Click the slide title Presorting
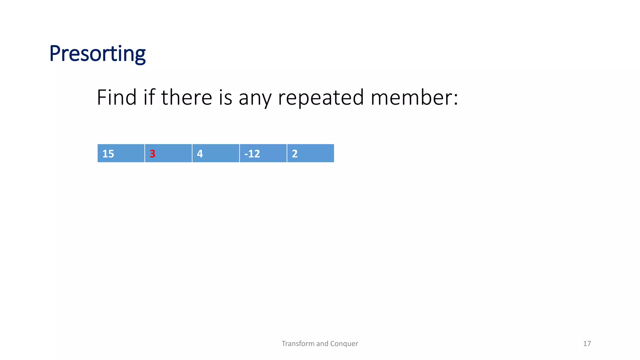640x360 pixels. (x=97, y=54)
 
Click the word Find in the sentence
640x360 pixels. (x=117, y=97)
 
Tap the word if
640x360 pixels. (x=149, y=97)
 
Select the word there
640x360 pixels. (x=187, y=97)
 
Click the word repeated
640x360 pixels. (x=321, y=98)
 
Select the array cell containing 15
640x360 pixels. (x=121, y=153)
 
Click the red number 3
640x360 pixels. (x=152, y=154)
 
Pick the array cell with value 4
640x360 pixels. (x=216, y=153)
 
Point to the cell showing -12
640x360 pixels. (x=263, y=153)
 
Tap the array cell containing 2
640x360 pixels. (x=310, y=153)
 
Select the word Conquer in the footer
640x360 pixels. (x=344, y=344)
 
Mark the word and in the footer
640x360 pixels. (x=322, y=344)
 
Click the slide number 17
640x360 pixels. (x=587, y=344)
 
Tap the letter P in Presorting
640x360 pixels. (x=55, y=54)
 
